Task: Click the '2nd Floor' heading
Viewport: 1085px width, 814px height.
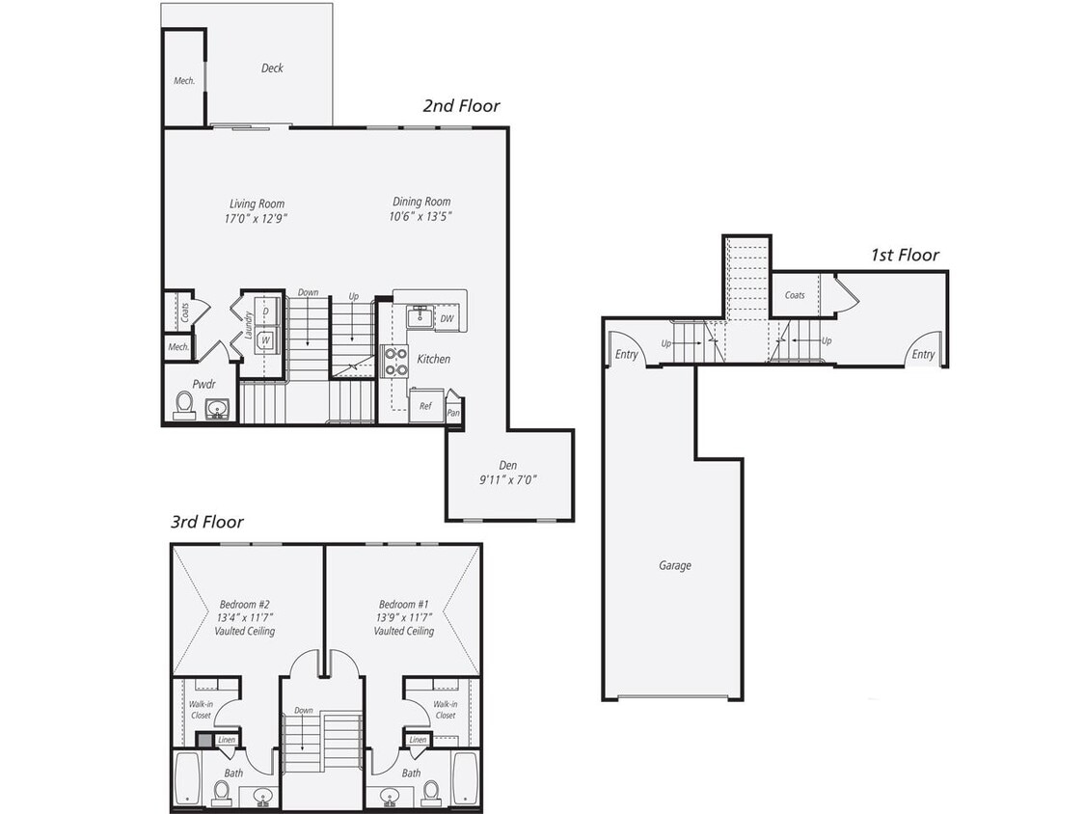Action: coord(461,106)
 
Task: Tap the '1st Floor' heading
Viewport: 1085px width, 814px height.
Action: coord(904,256)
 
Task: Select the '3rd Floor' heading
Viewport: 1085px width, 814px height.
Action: coord(206,522)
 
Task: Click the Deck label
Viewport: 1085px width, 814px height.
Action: coord(272,68)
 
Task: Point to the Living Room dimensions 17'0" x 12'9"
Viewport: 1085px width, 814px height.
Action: coord(258,218)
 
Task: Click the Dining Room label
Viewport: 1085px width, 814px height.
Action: coord(421,202)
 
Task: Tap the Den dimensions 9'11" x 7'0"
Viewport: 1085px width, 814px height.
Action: coord(507,478)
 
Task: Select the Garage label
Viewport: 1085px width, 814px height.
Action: coord(674,566)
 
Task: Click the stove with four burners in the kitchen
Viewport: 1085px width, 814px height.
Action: coord(395,361)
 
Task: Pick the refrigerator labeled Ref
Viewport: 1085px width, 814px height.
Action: coord(425,406)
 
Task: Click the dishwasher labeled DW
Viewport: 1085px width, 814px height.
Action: coord(447,319)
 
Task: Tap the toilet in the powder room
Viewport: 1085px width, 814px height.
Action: coord(183,406)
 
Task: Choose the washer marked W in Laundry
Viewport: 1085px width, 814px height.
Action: coord(265,339)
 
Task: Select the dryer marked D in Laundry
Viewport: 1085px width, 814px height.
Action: coord(265,312)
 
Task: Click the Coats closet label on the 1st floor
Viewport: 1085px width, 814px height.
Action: coord(795,295)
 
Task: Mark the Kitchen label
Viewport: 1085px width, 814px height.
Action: coord(433,359)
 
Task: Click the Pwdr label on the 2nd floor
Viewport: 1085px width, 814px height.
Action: coord(203,383)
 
